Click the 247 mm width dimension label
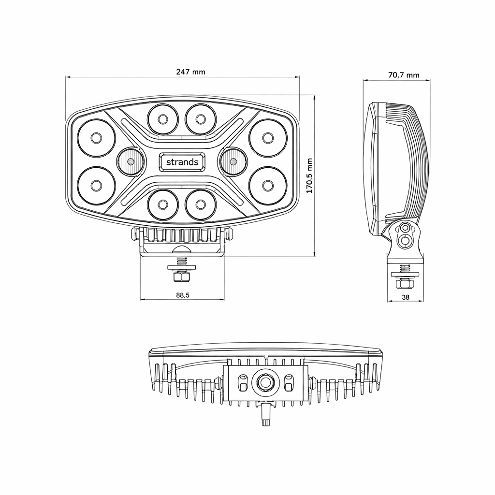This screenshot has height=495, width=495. [190, 72]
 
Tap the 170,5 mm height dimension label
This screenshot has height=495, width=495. [309, 176]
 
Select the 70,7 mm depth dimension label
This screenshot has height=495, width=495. [404, 75]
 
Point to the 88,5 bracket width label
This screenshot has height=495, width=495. [182, 295]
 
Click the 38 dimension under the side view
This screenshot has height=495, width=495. [406, 297]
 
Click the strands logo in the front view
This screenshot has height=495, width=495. [182, 162]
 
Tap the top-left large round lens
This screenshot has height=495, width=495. [96, 138]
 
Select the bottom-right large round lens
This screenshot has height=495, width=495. [268, 185]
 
